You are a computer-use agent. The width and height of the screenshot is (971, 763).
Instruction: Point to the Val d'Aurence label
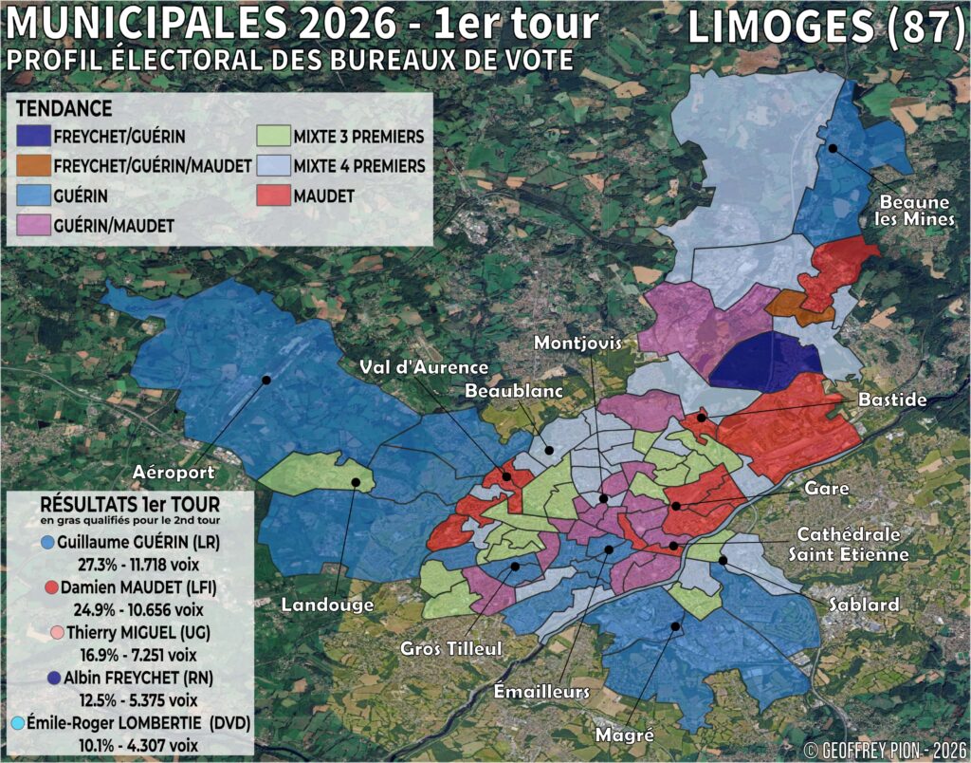[x=423, y=367]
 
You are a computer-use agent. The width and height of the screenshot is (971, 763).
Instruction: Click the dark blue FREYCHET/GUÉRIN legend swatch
[x=33, y=137]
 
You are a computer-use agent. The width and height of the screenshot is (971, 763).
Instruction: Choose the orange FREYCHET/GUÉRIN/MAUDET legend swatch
[x=33, y=166]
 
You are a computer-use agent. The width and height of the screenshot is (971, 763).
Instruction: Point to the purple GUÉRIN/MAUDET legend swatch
[x=33, y=225]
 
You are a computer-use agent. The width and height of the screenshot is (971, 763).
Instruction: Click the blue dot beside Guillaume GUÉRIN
[x=47, y=543]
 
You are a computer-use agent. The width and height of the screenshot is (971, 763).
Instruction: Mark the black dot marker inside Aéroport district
[x=266, y=380]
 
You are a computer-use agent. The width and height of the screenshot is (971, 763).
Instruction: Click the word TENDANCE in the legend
[x=64, y=108]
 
